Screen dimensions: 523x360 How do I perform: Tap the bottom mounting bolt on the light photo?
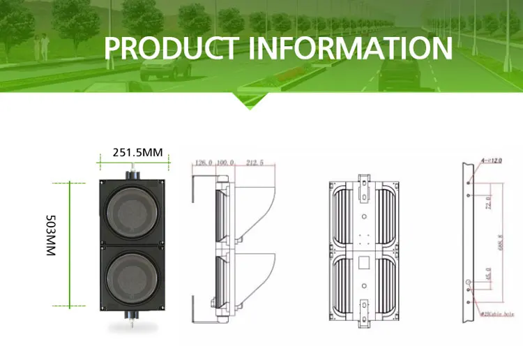coord(131,317)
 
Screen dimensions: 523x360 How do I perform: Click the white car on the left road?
coord(165,67)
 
